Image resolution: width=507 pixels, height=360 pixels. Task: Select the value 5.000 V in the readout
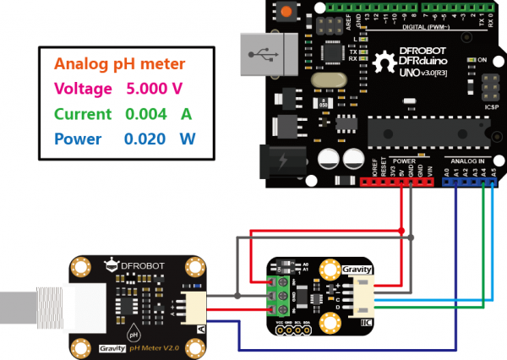pos(155,88)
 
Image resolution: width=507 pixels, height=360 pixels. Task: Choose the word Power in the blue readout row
pos(78,139)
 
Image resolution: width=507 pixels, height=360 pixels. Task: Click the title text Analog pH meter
pos(120,63)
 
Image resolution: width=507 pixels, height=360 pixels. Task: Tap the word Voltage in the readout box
pos(83,88)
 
